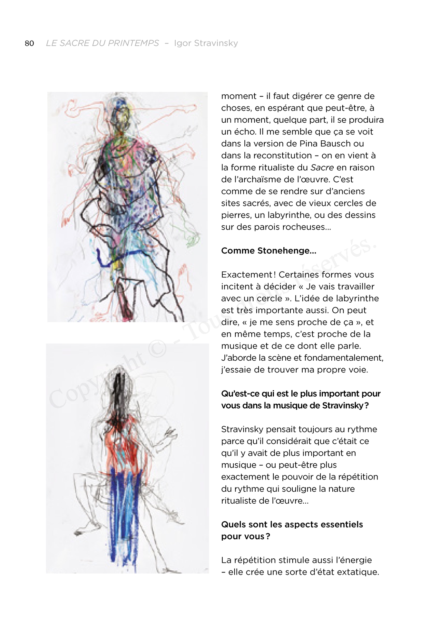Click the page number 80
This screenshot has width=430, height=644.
[x=29, y=43]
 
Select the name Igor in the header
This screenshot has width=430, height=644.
[x=182, y=43]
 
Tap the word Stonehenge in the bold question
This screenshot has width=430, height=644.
[x=287, y=251]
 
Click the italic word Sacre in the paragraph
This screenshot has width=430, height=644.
[x=322, y=167]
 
